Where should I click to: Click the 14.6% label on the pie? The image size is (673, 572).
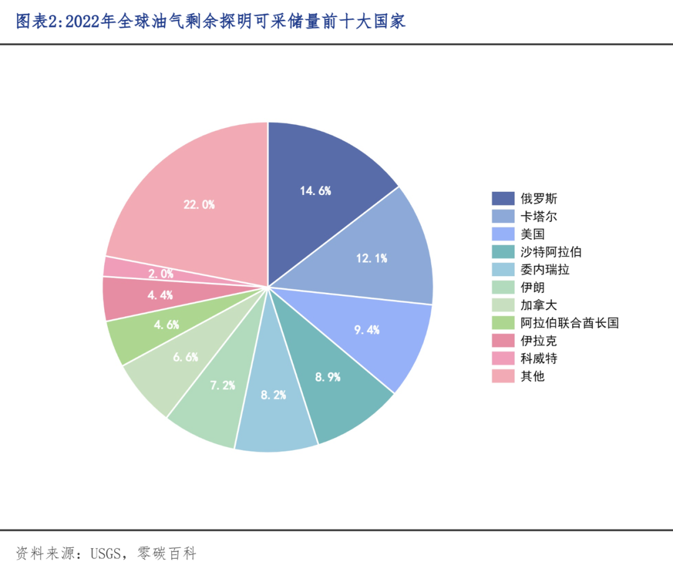(x=315, y=191)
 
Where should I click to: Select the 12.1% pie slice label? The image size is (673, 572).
(x=372, y=258)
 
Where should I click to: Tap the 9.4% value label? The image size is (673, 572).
(x=367, y=330)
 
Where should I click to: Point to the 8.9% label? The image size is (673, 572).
(x=328, y=377)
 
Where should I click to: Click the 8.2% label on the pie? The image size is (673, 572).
(x=274, y=394)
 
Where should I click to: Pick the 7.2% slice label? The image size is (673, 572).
(x=222, y=386)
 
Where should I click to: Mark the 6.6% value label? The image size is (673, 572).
(x=186, y=357)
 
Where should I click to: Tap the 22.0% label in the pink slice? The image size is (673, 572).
(x=199, y=204)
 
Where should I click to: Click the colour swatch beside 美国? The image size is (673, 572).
(x=503, y=234)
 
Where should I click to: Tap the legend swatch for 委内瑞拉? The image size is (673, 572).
(x=503, y=270)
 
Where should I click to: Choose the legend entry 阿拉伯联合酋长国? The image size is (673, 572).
(x=569, y=323)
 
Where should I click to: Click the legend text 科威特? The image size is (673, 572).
(x=539, y=358)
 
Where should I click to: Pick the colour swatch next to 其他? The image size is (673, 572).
(x=503, y=376)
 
